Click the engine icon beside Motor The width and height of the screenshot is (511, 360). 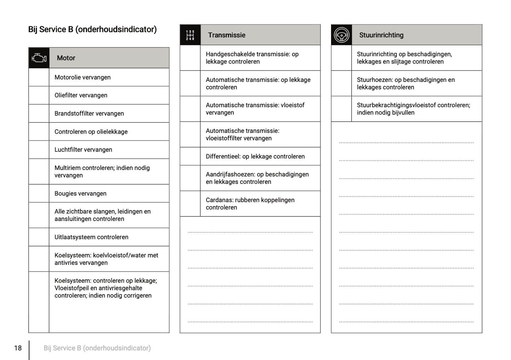39,58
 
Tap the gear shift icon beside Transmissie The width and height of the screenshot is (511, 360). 190,35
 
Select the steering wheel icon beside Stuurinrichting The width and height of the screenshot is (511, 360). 342,35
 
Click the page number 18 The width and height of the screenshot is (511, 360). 18,348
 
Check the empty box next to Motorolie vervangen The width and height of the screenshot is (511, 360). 39,77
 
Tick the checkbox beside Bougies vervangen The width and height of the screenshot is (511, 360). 39,193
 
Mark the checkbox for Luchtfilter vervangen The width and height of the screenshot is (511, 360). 39,150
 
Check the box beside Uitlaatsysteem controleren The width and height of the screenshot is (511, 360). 39,237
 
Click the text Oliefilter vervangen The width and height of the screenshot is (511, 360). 81,95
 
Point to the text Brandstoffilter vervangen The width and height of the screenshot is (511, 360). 89,114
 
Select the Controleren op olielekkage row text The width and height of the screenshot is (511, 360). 91,132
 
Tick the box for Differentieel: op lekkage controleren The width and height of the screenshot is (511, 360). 190,156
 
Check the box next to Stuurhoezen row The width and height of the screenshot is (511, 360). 342,83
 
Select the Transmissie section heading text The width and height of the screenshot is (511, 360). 227,35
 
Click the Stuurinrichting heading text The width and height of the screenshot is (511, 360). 381,35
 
